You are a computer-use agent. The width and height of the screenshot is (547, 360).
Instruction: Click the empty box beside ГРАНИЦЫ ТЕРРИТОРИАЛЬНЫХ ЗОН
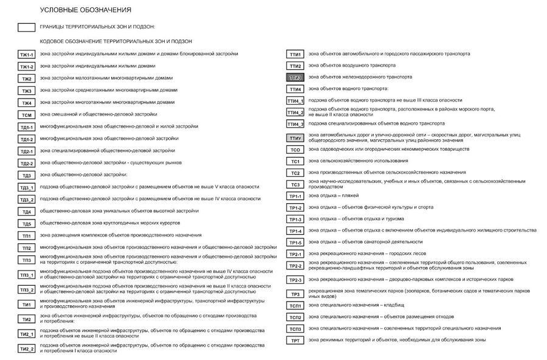pos(26,27)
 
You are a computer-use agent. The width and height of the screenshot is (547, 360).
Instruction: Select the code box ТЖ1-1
pos(26,55)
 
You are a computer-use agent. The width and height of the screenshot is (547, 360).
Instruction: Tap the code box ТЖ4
pos(26,103)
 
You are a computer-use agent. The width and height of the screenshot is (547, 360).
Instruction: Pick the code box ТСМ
pos(26,115)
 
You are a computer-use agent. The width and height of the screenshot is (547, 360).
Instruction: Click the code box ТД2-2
pos(26,164)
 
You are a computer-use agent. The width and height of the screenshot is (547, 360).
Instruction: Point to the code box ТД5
pos(26,224)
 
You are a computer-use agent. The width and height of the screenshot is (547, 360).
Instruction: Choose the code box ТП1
pos(26,236)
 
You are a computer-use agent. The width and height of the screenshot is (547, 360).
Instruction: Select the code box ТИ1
pos(26,305)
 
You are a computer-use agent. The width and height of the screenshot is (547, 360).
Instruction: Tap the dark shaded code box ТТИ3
pos(295,78)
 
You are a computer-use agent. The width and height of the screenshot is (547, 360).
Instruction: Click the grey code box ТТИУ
pos(295,138)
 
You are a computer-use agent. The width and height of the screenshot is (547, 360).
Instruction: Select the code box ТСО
pos(295,150)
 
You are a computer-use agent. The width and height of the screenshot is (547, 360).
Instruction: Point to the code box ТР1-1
pos(295,196)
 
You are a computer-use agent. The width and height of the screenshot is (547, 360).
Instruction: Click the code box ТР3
pos(295,294)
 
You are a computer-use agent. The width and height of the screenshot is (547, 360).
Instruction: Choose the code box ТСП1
pos(295,306)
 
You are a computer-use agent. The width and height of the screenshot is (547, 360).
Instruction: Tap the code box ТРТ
pos(295,341)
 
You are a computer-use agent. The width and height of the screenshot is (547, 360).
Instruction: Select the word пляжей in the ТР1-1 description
pos(349,196)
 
